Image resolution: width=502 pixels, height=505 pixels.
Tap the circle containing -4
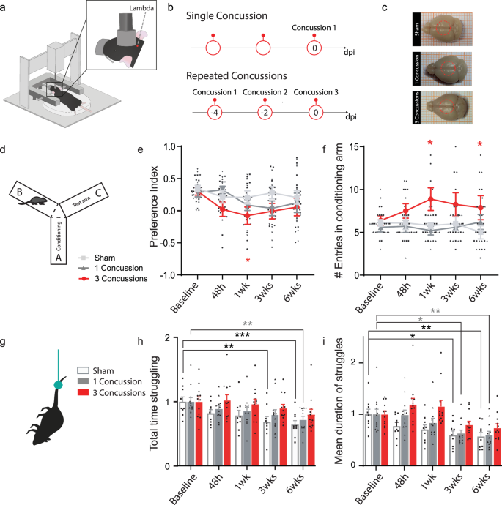(213, 116)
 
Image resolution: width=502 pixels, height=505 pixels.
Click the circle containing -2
(265, 116)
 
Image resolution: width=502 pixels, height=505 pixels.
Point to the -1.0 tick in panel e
(171, 275)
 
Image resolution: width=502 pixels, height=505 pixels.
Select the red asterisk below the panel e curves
(248, 261)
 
